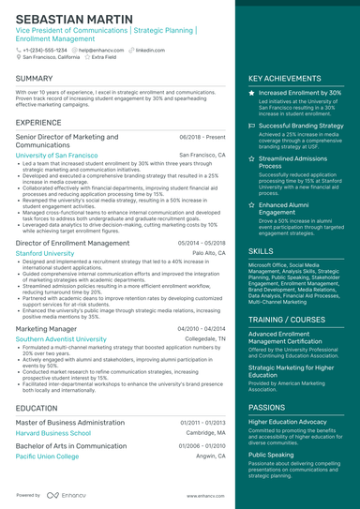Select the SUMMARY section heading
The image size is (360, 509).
34,79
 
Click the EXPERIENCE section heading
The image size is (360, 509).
38,123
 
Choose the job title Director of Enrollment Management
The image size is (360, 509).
72,243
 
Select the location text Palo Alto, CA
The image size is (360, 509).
209,253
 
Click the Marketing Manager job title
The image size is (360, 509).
47,329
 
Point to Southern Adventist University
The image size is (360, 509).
62,339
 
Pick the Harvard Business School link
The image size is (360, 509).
52,433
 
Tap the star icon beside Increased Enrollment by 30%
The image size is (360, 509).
251,94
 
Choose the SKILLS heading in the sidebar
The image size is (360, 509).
262,252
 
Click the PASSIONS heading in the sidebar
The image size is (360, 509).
267,408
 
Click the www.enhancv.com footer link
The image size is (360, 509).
202,495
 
